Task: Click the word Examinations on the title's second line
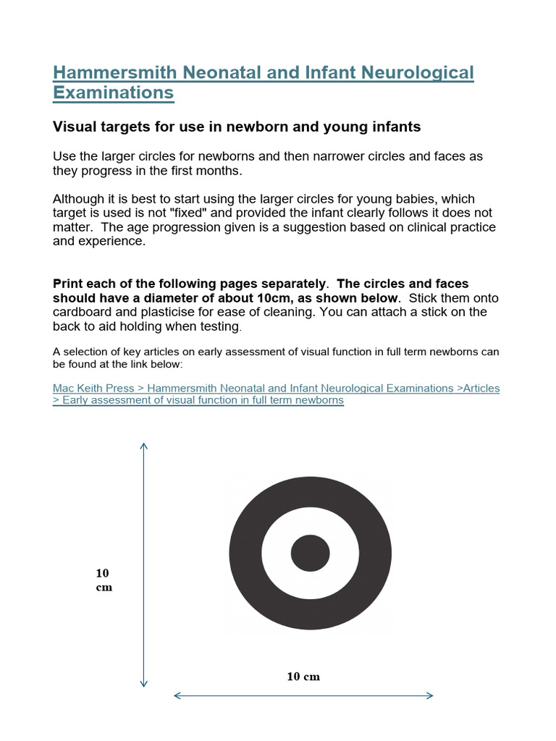point(113,93)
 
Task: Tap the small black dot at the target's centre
point(310,554)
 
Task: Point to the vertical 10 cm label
point(104,580)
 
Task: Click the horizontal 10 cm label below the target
point(303,677)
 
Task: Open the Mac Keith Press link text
point(93,389)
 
